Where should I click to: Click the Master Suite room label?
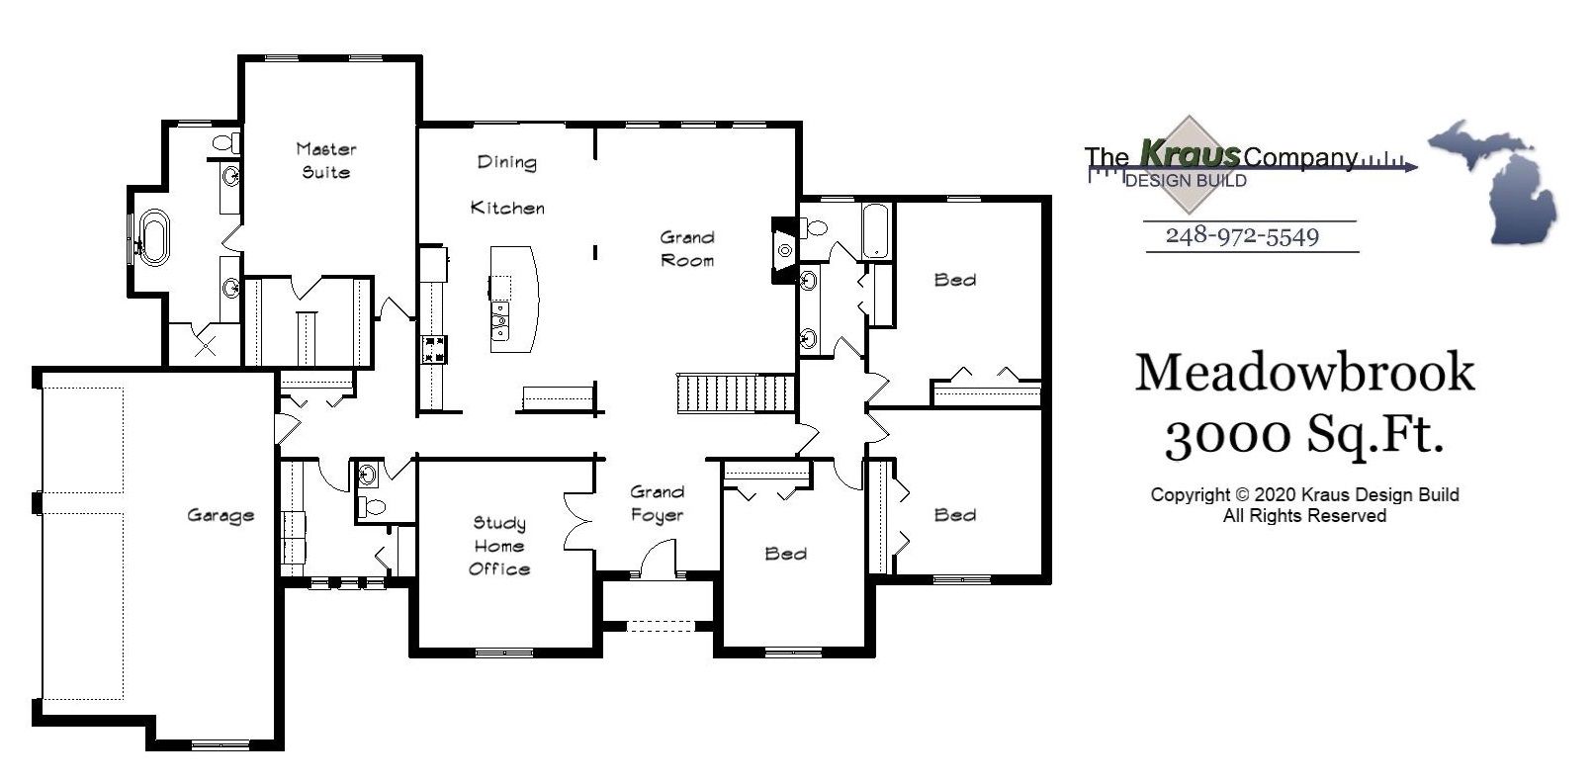pyautogui.click(x=325, y=160)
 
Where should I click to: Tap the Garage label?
pyautogui.click(x=221, y=515)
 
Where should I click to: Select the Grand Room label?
pyautogui.click(x=687, y=248)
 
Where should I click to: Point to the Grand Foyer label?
pyautogui.click(x=658, y=503)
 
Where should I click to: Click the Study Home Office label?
pyautogui.click(x=499, y=546)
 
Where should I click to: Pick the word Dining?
pyautogui.click(x=506, y=162)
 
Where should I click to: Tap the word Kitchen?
pyautogui.click(x=507, y=208)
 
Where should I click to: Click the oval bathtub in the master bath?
pyautogui.click(x=152, y=237)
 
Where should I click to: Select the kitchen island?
pyautogui.click(x=515, y=300)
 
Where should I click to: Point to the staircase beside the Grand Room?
pyautogui.click(x=736, y=393)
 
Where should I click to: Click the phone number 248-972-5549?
pyautogui.click(x=1242, y=236)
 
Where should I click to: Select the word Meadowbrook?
pyautogui.click(x=1304, y=374)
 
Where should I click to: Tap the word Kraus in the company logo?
pyautogui.click(x=1190, y=153)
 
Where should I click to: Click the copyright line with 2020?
pyautogui.click(x=1304, y=495)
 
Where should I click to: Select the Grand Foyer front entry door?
pyautogui.click(x=659, y=559)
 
